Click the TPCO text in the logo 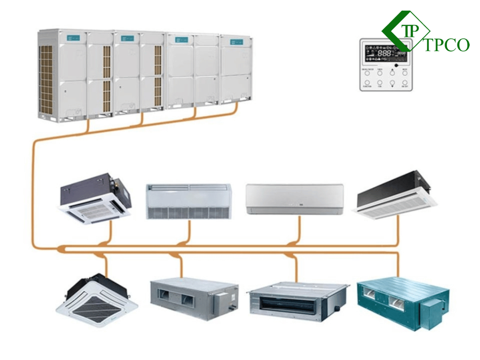point(446,45)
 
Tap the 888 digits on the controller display point(384,53)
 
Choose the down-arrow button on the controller point(392,84)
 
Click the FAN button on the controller point(380,84)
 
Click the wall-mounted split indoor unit point(295,199)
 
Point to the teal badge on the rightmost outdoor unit point(236,42)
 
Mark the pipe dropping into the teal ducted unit point(398,266)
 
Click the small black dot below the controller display point(396,65)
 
